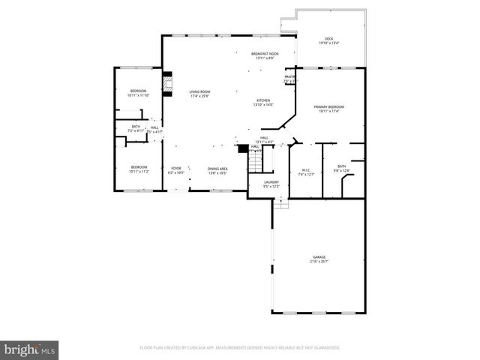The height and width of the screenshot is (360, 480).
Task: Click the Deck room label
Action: (x=328, y=41)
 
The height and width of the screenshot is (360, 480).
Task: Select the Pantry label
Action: (x=289, y=79)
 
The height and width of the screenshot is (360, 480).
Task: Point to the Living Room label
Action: (x=199, y=93)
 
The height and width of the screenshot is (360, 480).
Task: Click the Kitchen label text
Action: (x=263, y=103)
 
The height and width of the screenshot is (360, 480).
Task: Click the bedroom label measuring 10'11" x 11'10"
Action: (x=138, y=93)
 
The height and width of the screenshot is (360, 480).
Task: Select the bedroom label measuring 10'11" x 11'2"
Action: (x=139, y=169)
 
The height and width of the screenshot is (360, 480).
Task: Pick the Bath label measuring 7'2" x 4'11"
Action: (x=136, y=129)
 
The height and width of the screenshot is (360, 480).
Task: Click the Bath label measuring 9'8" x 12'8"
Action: (x=342, y=169)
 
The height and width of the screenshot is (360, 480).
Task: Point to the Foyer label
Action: (x=176, y=170)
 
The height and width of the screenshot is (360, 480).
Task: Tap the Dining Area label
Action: (x=217, y=170)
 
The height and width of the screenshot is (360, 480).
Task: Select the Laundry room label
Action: (x=271, y=184)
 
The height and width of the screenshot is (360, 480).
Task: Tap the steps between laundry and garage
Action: (x=280, y=202)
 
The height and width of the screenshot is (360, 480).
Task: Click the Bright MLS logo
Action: (x=30, y=349)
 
